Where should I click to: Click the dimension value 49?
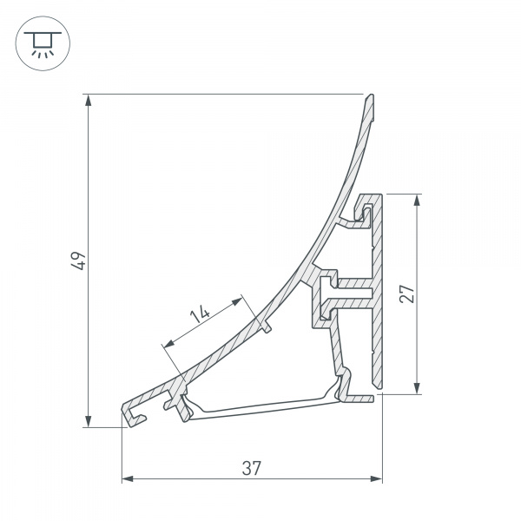tap(78, 260)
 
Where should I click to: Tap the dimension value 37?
tap(252, 468)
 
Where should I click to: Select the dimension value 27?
tap(406, 293)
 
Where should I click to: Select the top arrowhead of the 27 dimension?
tap(418, 199)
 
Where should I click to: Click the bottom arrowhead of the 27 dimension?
tap(418, 388)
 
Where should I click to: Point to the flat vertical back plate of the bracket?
tap(377, 295)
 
